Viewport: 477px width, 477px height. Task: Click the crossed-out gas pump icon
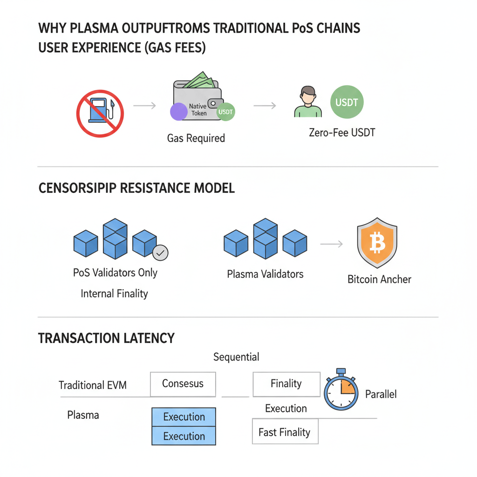point(100,114)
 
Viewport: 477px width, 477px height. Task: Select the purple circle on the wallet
point(178,113)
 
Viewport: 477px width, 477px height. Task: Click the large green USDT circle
point(347,102)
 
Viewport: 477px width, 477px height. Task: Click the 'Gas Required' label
point(196,138)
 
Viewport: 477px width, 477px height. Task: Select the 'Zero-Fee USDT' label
point(342,133)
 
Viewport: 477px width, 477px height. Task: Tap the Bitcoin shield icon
point(377,242)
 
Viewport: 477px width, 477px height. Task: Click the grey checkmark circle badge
point(161,253)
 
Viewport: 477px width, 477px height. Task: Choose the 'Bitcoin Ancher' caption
point(379,279)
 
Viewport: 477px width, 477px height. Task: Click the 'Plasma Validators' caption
point(265,274)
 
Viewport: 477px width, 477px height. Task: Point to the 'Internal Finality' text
point(114,293)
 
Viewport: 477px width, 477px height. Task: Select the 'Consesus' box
point(183,384)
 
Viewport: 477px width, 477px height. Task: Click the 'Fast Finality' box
point(284,432)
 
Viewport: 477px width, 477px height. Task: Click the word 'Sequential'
point(236,357)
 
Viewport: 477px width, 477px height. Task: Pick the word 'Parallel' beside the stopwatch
point(381,394)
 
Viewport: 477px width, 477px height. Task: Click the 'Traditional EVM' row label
point(93,385)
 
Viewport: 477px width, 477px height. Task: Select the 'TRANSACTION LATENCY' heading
point(106,338)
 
